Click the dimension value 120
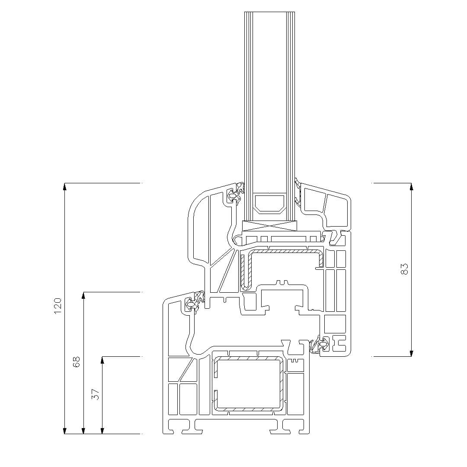pos(58,306)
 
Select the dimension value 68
pos(76,362)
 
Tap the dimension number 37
pos(95,394)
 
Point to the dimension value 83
pos(404,269)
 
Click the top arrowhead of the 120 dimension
pos(64,186)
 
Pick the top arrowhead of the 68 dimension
pos(83,295)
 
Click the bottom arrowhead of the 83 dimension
pos(411,353)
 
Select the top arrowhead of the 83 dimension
pos(411,186)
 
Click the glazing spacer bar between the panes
pos(269,203)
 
